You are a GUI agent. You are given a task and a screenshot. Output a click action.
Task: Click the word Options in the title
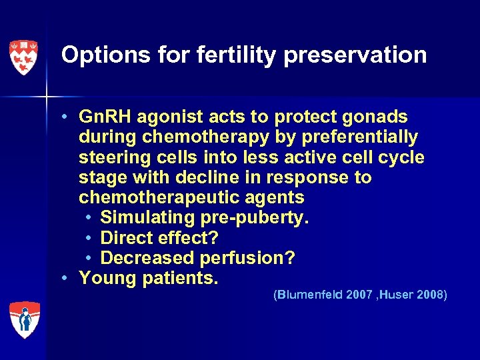coord(95,55)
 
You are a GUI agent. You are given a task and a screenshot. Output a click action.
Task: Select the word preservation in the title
coord(355,55)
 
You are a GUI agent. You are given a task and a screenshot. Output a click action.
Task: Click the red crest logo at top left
coord(23,57)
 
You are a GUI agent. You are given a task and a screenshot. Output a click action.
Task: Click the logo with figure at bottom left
coord(24,319)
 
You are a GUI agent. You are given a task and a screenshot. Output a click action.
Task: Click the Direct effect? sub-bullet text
coord(159,237)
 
